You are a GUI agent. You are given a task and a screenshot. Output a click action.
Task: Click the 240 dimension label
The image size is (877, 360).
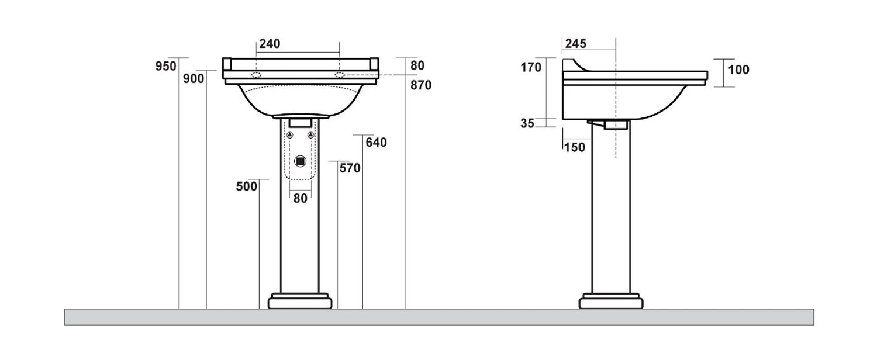(x=270, y=43)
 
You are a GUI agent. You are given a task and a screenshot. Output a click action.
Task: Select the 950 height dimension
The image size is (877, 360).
(x=166, y=66)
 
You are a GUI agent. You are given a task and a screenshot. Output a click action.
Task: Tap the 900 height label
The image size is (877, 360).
(x=194, y=79)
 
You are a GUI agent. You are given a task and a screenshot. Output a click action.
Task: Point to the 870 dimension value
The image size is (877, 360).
(x=421, y=85)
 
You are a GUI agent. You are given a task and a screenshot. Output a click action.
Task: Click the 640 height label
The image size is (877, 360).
(x=377, y=143)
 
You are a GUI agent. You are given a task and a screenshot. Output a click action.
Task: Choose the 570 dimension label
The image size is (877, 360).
(x=350, y=168)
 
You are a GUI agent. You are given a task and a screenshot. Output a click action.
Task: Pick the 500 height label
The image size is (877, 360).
(x=247, y=186)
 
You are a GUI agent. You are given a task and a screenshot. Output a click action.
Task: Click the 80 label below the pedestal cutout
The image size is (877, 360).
(x=301, y=198)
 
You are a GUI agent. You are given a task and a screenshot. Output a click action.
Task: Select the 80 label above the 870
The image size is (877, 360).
(x=417, y=65)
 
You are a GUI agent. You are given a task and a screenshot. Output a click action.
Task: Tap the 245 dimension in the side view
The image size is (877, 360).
(x=575, y=43)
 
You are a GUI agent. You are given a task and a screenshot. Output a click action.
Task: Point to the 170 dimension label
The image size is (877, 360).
(x=531, y=67)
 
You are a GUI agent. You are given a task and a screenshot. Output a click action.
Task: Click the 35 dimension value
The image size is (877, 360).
(x=527, y=123)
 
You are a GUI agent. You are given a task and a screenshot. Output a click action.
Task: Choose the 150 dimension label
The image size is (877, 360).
(x=575, y=147)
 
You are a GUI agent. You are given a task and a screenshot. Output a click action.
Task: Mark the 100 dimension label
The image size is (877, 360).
(x=739, y=70)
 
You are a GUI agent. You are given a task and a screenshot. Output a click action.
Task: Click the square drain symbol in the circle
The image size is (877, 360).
(x=301, y=161)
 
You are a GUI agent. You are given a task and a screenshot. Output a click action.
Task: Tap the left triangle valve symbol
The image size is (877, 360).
(x=290, y=136)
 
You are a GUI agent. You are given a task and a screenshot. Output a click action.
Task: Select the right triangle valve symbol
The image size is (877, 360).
(x=311, y=136)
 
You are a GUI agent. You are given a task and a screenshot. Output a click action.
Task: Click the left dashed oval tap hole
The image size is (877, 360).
(x=257, y=75)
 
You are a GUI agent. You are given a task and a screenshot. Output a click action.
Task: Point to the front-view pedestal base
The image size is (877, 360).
(x=300, y=301)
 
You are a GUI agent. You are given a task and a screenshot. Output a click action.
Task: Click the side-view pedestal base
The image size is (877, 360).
(x=611, y=301)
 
